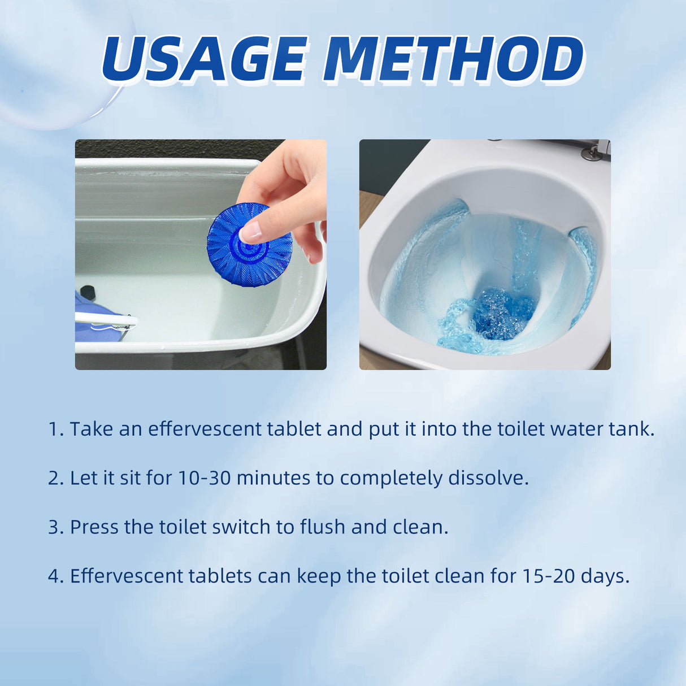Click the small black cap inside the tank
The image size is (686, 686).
pyautogui.click(x=87, y=292)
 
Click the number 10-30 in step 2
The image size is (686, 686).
pyautogui.click(x=205, y=478)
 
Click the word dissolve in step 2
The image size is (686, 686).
pyautogui.click(x=488, y=478)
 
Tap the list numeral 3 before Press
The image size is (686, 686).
pyautogui.click(x=54, y=527)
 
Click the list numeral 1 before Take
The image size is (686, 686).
pyautogui.click(x=54, y=429)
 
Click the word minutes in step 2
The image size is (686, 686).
pyautogui.click(x=273, y=478)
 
